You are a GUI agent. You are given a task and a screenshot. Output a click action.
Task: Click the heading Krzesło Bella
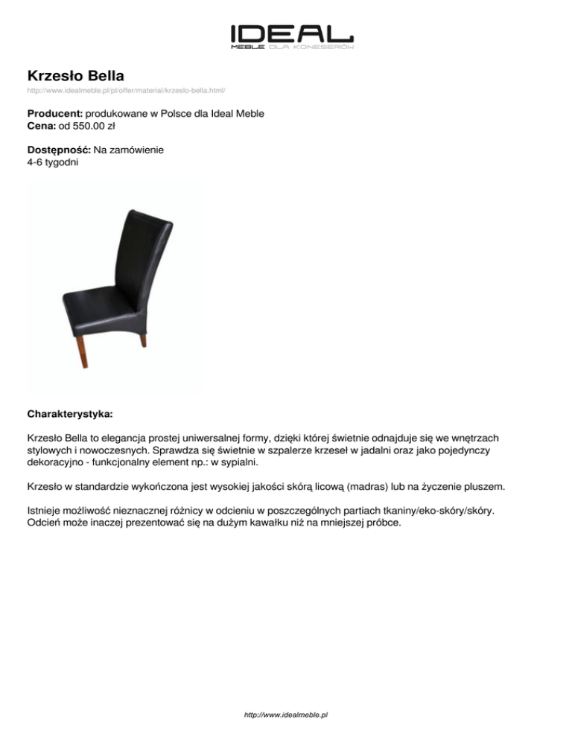pyautogui.click(x=75, y=75)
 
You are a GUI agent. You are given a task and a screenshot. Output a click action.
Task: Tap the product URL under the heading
pyautogui.click(x=126, y=90)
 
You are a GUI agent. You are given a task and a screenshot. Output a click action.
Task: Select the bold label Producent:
pyautogui.click(x=55, y=113)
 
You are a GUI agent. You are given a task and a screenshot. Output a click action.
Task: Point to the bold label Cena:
pyautogui.click(x=42, y=126)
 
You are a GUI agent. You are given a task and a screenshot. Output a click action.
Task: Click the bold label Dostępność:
pyautogui.click(x=59, y=150)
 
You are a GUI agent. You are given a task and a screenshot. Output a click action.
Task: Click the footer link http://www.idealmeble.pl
pyautogui.click(x=286, y=715)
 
